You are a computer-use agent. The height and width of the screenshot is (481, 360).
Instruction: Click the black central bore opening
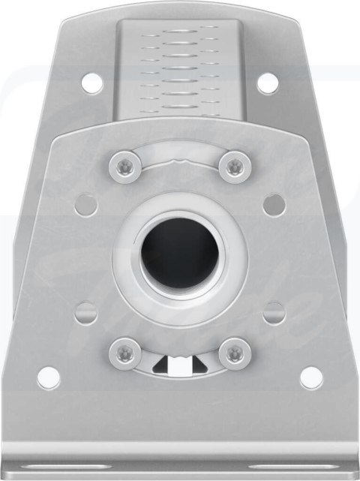pyautogui.click(x=180, y=251)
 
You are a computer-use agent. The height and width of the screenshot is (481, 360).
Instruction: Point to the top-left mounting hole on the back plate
pyautogui.click(x=92, y=83)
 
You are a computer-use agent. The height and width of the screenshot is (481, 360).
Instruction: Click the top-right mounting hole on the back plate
pyautogui.click(x=268, y=83)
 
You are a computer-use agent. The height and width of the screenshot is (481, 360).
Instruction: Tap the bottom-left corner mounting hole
pyautogui.click(x=49, y=377)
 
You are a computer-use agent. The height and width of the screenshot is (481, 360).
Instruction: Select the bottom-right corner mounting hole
pyautogui.click(x=311, y=377)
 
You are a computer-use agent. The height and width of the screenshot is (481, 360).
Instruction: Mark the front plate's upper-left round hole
pyautogui.click(x=86, y=204)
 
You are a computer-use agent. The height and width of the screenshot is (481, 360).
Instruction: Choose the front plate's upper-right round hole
pyautogui.click(x=274, y=204)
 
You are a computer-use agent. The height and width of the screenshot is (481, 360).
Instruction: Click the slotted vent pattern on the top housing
pyautogui.click(x=180, y=64)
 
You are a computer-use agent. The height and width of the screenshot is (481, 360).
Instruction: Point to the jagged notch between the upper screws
pyautogui.click(x=181, y=160)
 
